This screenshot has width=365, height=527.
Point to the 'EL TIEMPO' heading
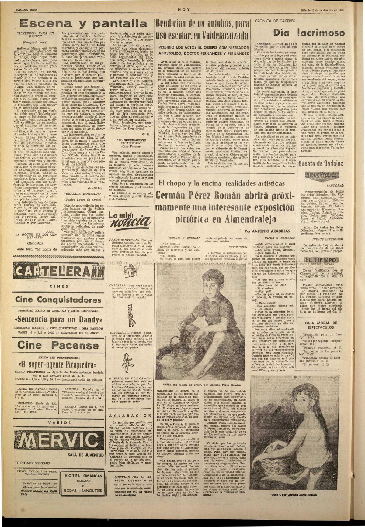[322, 260]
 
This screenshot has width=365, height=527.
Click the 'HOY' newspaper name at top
[184, 9]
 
